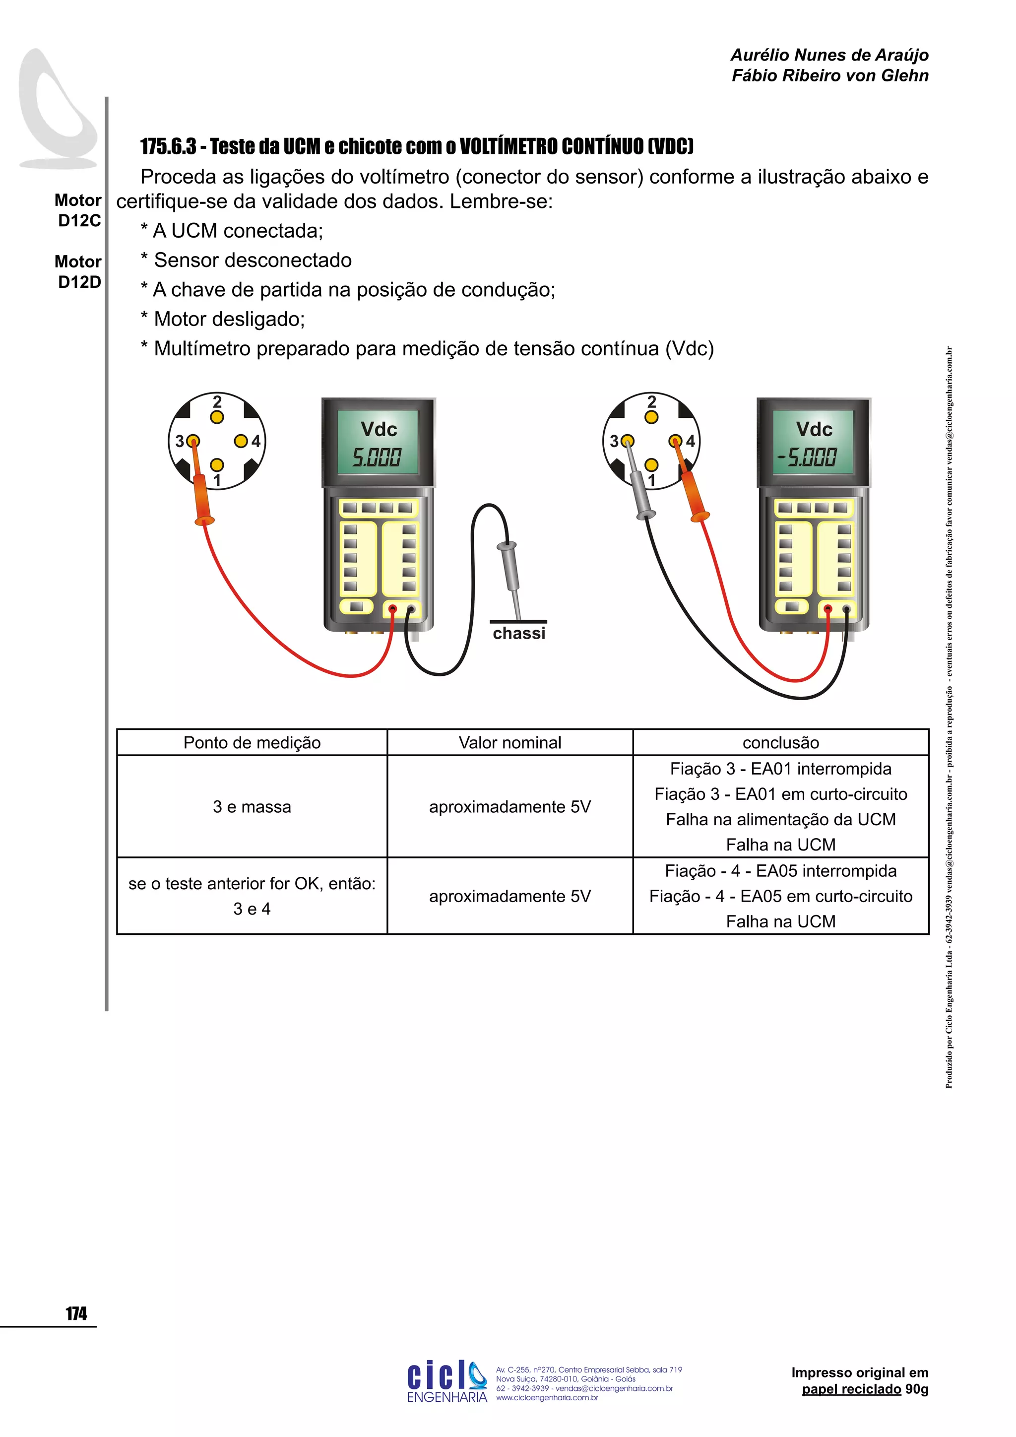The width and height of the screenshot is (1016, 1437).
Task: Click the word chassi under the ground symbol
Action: click(518, 633)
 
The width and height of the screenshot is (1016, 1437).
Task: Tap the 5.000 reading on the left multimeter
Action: click(377, 457)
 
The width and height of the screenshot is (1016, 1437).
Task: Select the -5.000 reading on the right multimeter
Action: click(807, 457)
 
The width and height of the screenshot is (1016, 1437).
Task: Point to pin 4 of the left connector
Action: click(241, 441)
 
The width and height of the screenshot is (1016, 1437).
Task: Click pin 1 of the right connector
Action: click(651, 465)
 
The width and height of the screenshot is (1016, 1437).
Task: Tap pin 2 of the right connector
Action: click(651, 417)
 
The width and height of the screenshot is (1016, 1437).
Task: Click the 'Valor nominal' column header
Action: click(510, 742)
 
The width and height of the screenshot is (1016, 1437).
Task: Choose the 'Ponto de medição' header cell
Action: click(252, 742)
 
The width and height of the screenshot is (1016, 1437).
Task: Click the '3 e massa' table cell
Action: click(252, 807)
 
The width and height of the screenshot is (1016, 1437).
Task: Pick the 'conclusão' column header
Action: click(781, 742)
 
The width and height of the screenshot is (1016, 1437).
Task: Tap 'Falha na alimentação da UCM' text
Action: click(781, 819)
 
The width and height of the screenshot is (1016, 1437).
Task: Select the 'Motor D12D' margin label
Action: click(79, 271)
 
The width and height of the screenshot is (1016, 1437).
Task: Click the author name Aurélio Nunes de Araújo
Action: click(829, 55)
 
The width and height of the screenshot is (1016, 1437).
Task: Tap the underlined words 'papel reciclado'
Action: click(851, 1389)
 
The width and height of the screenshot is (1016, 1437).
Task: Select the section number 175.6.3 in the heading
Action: click(168, 146)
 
